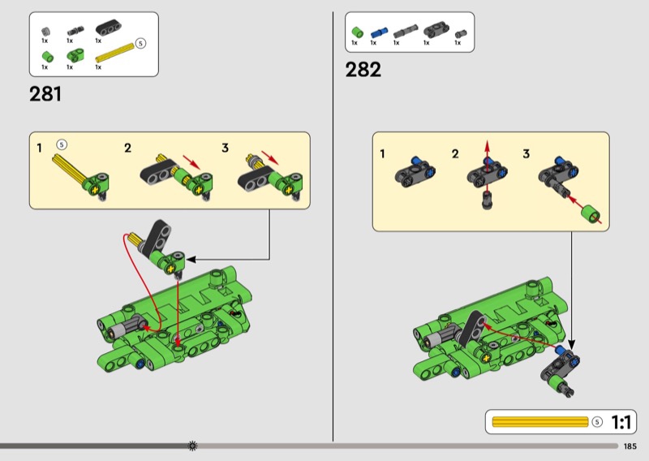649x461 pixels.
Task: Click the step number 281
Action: coord(45,94)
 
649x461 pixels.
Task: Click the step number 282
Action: coord(363,70)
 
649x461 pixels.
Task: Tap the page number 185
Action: coord(630,446)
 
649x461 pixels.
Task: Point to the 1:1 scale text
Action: coord(621,423)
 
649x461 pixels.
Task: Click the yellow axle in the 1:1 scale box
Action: coord(540,422)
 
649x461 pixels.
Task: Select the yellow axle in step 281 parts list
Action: coord(115,52)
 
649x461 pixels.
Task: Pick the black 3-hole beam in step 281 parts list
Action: coord(108,28)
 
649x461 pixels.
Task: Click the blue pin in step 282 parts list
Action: coord(379,32)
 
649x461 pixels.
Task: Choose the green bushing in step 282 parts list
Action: coord(357,32)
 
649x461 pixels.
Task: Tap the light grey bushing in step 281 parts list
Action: coord(45,32)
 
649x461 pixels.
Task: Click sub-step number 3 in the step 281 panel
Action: coord(226,148)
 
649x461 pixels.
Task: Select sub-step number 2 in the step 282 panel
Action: coord(455,154)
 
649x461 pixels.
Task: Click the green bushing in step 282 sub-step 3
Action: coord(591,214)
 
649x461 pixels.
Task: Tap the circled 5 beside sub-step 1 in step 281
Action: coord(62,144)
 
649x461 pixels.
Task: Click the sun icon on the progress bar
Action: coord(192,446)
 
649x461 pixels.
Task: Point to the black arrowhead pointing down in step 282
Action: coord(572,345)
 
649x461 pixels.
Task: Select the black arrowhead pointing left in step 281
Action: coord(191,260)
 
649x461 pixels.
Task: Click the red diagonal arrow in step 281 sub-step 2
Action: coord(191,162)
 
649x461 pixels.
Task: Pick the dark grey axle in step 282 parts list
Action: coord(406,32)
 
